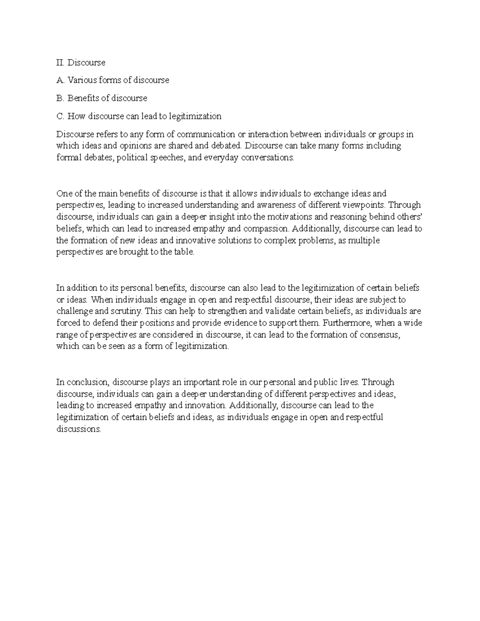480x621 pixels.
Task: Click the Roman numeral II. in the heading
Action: tap(61, 62)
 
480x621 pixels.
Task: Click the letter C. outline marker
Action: tap(60, 116)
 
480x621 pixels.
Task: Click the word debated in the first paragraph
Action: tap(227, 146)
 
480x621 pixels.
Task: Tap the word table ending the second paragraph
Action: tap(185, 252)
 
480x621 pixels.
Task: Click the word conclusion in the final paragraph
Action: tap(87, 382)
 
